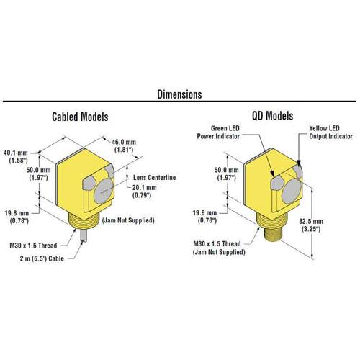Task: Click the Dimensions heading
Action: [179, 94]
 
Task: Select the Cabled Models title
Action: [80, 117]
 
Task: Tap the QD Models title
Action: [272, 116]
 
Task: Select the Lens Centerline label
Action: [155, 178]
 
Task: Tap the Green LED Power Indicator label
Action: [218, 132]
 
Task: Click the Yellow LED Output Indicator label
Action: [330, 132]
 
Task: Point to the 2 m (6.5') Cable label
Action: [42, 258]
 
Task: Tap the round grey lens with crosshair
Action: [104, 191]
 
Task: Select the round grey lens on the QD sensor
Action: [292, 192]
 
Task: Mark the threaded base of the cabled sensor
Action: [84, 218]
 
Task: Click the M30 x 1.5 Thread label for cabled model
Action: [33, 246]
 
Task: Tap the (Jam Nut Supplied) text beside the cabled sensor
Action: [128, 220]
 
